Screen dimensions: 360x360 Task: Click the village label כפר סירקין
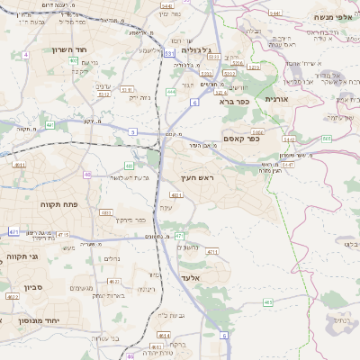(130, 219)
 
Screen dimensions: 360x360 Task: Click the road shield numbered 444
(171, 92)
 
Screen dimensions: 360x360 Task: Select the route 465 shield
(267, 302)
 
